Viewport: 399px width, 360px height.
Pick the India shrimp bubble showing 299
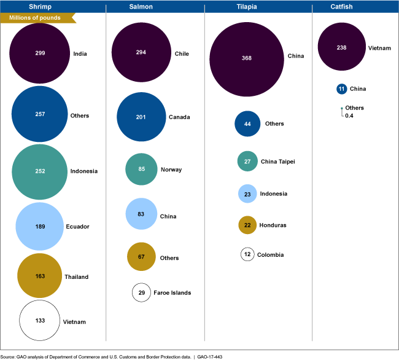tap(40, 53)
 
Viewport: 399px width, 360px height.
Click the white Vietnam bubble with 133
tap(40, 320)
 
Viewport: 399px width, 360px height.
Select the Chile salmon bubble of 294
tap(141, 53)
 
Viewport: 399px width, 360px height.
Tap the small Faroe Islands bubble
tap(141, 292)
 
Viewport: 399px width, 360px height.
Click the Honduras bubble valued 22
tap(247, 225)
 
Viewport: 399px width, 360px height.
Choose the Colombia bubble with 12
tap(247, 254)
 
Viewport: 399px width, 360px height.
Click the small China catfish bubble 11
tap(342, 88)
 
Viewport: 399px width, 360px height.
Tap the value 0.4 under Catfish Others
tap(349, 115)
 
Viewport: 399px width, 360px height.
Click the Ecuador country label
tap(77, 227)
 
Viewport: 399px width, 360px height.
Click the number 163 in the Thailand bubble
tap(39, 276)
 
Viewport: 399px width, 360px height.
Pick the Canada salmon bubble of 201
tap(141, 117)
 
